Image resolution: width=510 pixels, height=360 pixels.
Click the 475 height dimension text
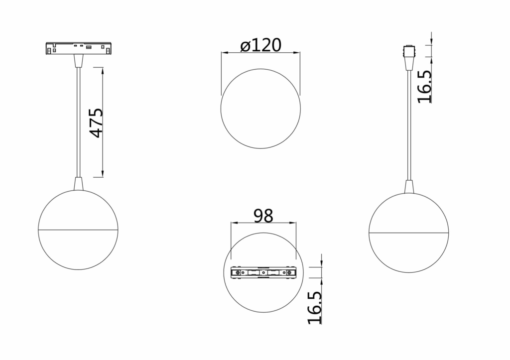(x=96, y=122)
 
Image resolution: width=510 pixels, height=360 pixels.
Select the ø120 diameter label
(x=260, y=45)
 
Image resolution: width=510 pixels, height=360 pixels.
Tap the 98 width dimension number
(x=263, y=216)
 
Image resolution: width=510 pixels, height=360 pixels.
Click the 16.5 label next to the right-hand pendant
(x=424, y=87)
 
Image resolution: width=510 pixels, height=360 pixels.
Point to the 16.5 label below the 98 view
(x=315, y=308)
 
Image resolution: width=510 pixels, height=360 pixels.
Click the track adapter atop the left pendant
(x=78, y=49)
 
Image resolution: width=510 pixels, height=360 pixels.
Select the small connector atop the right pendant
(x=408, y=51)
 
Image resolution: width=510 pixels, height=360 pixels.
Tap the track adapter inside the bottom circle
(x=263, y=272)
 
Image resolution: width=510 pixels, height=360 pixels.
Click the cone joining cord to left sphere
(x=78, y=184)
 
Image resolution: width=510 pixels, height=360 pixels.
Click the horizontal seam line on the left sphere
(x=78, y=230)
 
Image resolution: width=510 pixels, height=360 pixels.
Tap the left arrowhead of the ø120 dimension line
(x=224, y=52)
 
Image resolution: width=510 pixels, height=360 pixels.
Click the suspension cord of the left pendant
(x=78, y=124)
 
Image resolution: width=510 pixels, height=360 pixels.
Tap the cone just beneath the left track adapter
(x=78, y=61)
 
